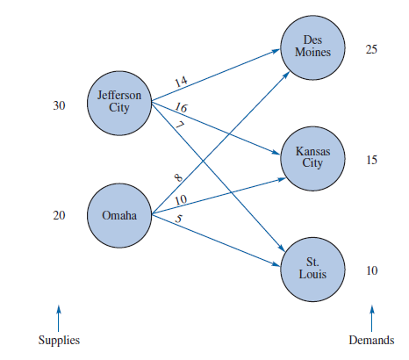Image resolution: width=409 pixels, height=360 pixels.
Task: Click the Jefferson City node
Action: click(119, 102)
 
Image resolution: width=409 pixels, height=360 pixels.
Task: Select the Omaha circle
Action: click(119, 215)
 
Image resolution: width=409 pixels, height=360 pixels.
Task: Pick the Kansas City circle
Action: click(312, 157)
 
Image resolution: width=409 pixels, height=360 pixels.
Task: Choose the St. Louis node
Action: click(312, 268)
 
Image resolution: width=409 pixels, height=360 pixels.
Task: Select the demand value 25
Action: click(371, 49)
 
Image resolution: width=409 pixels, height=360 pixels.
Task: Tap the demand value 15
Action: click(371, 161)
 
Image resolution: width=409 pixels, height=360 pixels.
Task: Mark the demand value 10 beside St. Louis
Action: click(371, 271)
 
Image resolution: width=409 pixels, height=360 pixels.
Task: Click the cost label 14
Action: click(181, 82)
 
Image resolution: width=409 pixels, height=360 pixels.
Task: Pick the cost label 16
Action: click(181, 108)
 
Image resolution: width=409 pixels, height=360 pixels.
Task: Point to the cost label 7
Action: click(179, 126)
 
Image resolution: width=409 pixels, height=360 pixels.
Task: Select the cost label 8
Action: click(178, 178)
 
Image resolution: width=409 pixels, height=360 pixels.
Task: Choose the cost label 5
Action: click(178, 220)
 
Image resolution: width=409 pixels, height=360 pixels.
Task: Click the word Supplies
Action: click(59, 341)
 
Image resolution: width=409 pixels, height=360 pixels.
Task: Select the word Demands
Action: click(371, 341)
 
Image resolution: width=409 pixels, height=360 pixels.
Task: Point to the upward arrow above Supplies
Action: click(59, 313)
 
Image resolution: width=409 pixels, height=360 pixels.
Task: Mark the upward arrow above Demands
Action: click(371, 313)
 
